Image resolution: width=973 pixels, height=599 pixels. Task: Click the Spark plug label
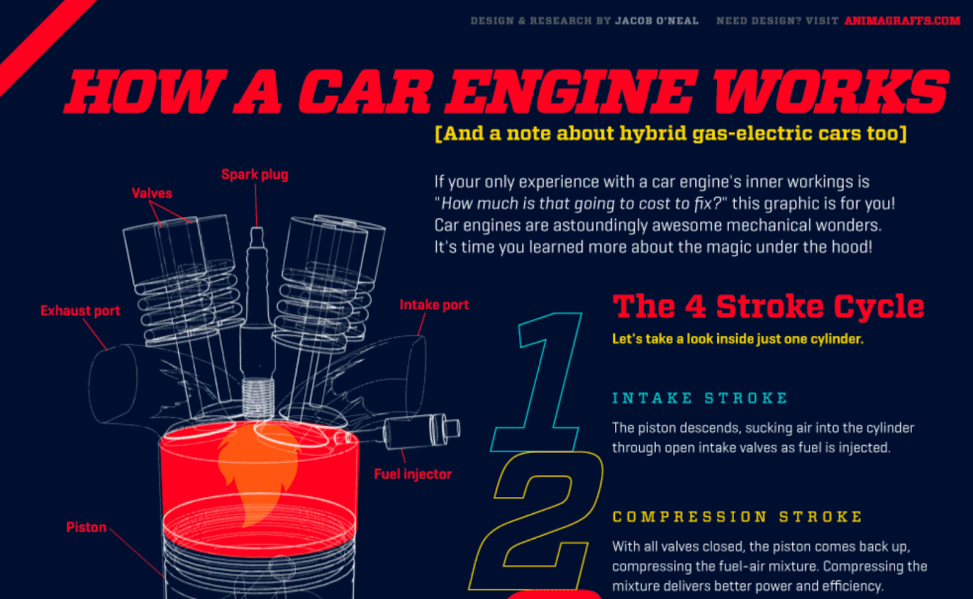pos(254,175)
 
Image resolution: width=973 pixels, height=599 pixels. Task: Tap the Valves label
pos(151,193)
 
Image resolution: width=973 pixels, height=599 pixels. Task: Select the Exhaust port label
pos(80,311)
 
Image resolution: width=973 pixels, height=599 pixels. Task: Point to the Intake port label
pos(434,305)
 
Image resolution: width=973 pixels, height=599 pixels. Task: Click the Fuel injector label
pos(412,474)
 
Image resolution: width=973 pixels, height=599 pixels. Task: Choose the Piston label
pos(86,527)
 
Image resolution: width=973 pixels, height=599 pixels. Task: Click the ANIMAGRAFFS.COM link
pos(902,21)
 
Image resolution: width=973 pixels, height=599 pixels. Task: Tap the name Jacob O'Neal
pos(657,21)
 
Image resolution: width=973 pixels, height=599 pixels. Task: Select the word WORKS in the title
pos(830,92)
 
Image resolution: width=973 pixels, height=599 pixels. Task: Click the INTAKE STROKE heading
pos(699,398)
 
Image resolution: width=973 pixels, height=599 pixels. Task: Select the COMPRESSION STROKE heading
pos(737,517)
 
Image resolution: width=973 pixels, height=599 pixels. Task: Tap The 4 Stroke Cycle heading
pos(768,306)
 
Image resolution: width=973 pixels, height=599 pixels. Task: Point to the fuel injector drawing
pos(420,430)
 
